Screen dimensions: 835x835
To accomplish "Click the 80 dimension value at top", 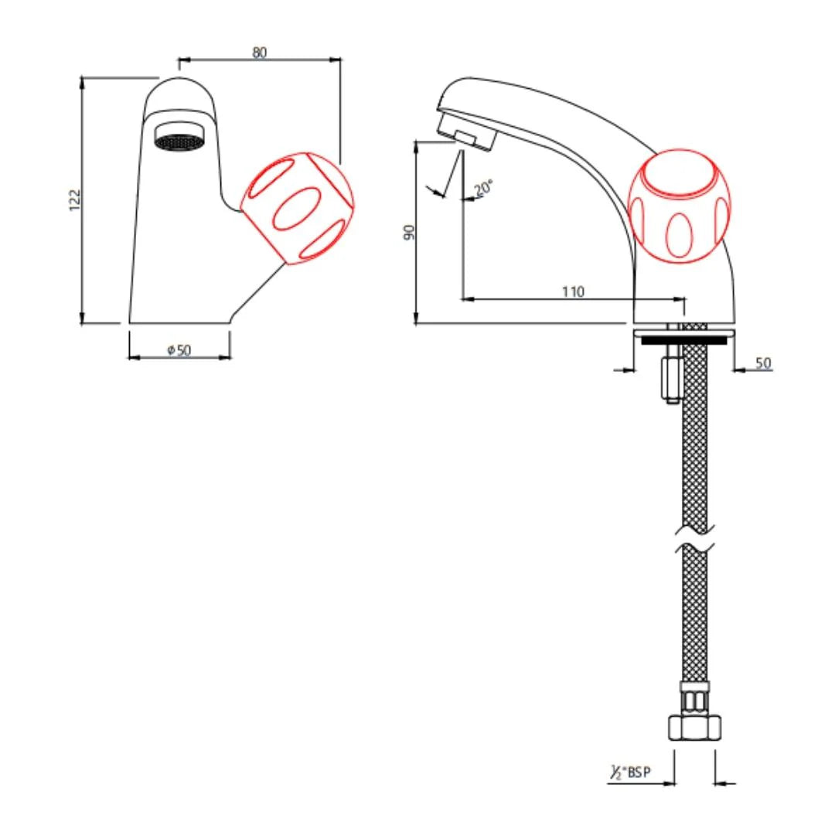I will coord(259,53).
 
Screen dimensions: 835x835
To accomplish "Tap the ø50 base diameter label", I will coord(179,350).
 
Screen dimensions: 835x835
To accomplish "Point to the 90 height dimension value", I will coord(410,231).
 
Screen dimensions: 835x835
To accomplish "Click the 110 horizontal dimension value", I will coord(573,291).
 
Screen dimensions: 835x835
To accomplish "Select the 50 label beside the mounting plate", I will coord(763,363).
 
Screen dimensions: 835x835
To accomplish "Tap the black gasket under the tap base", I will coord(677,338).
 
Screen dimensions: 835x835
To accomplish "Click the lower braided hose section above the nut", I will coord(695,619).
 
